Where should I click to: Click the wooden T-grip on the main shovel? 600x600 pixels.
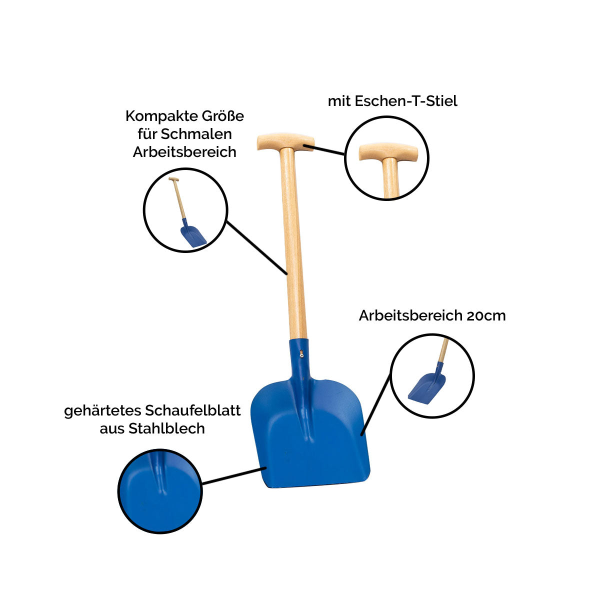pyautogui.click(x=285, y=141)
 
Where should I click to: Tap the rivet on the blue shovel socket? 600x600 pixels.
pyautogui.click(x=301, y=353)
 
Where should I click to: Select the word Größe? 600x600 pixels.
pyautogui.click(x=223, y=116)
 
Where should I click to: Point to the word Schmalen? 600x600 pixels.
pyautogui.click(x=196, y=134)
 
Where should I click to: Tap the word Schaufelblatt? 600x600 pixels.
pyautogui.click(x=192, y=410)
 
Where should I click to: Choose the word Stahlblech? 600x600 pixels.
pyautogui.click(x=166, y=428)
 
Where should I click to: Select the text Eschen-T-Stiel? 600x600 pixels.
pyautogui.click(x=405, y=101)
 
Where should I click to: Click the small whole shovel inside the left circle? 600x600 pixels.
pyautogui.click(x=188, y=212)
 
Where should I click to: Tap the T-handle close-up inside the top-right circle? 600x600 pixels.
pyautogui.click(x=388, y=168)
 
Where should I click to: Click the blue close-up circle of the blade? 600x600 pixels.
pyautogui.click(x=160, y=491)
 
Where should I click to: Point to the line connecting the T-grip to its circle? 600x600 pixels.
pyautogui.click(x=324, y=149)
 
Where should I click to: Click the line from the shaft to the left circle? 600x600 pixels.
pyautogui.click(x=257, y=248)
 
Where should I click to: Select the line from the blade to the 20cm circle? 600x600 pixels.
pyautogui.click(x=376, y=404)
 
